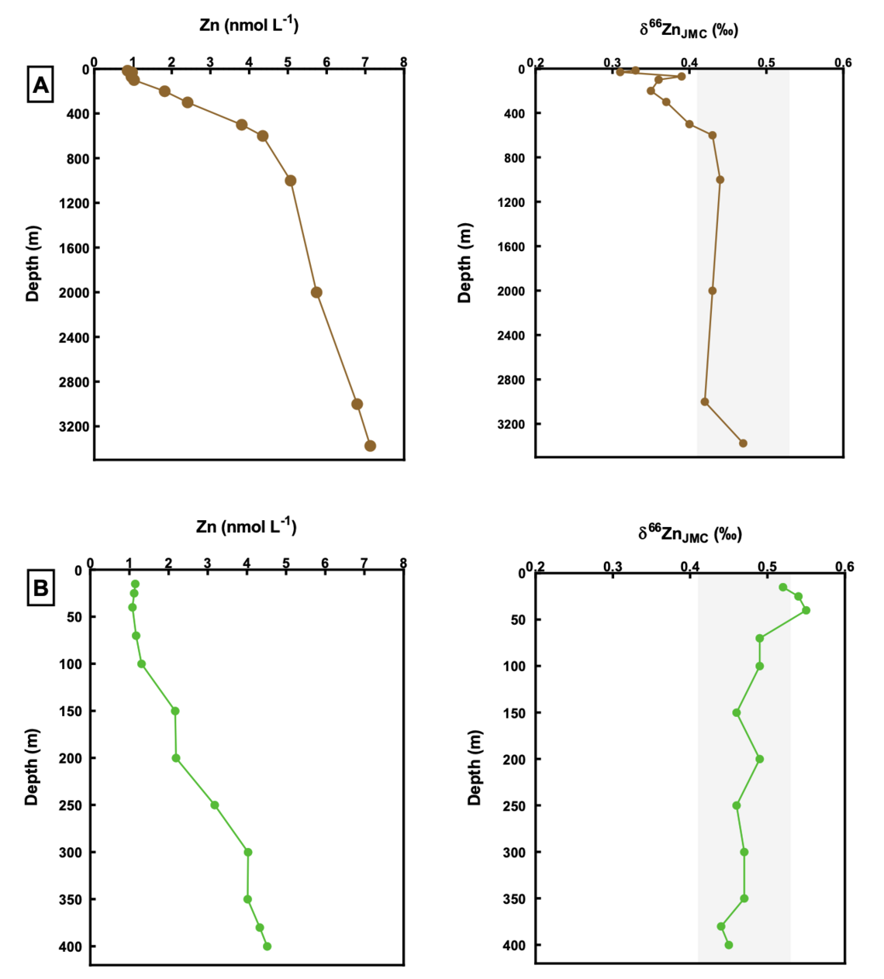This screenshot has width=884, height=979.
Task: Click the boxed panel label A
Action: [x=40, y=84]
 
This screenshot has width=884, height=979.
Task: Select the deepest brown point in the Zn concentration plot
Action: [x=370, y=446]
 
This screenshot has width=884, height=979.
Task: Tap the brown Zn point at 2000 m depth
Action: [x=316, y=292]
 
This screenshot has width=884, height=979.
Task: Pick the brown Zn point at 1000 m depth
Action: [x=291, y=181]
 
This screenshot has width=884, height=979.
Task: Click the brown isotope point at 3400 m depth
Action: [x=743, y=443]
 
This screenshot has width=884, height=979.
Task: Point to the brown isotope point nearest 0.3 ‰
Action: [x=620, y=72]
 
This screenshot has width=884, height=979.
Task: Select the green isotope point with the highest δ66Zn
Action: [x=806, y=610]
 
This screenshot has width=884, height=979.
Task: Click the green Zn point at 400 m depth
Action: [x=267, y=946]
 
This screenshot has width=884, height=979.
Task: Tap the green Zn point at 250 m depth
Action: [x=215, y=805]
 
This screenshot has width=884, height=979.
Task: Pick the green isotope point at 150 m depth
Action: [x=737, y=712]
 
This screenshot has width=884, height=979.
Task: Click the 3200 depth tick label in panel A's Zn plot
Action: [x=74, y=426]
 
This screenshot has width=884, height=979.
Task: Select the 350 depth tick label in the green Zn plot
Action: [x=71, y=899]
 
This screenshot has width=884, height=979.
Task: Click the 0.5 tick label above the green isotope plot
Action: [x=767, y=567]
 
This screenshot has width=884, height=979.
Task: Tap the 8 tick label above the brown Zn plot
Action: [x=403, y=61]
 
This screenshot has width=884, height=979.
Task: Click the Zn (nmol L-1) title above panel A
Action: [x=249, y=25]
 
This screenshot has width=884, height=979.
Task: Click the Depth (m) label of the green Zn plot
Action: [x=32, y=767]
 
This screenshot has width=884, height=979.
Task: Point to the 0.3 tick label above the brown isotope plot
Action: [x=613, y=62]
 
